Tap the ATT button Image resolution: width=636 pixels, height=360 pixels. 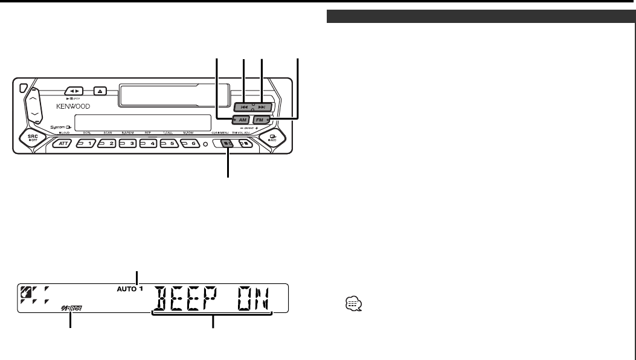(x=62, y=144)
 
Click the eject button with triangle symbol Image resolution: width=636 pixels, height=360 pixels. (x=101, y=92)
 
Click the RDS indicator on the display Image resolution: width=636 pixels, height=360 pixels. (x=71, y=309)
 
